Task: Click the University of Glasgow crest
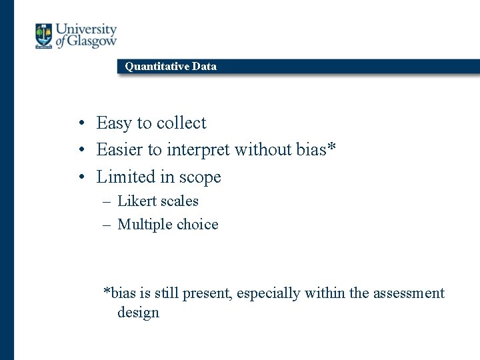pos(44,36)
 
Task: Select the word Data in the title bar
pos(204,66)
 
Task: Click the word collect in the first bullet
pos(181,123)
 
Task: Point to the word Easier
pos(118,150)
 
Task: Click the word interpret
pos(195,151)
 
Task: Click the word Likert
pos(137,201)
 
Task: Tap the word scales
pos(179,201)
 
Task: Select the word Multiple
pos(143,225)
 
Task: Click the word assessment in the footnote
pos(409,293)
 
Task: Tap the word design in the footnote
pos(138,313)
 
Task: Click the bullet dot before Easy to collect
pos(80,123)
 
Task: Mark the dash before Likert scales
pos(107,201)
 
